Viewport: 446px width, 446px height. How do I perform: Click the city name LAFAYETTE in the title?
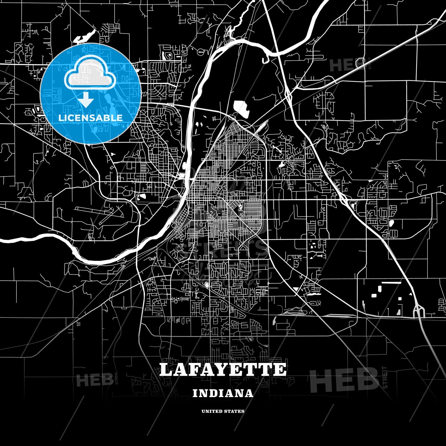pyautogui.click(x=223, y=370)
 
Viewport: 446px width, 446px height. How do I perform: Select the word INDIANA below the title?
pyautogui.click(x=223, y=394)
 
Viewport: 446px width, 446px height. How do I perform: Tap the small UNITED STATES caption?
pyautogui.click(x=223, y=411)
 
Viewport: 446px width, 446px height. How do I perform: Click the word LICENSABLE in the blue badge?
pyautogui.click(x=90, y=118)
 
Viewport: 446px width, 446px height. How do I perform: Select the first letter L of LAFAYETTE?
pyautogui.click(x=166, y=370)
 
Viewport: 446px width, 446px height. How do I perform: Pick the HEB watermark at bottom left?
pyautogui.click(x=94, y=380)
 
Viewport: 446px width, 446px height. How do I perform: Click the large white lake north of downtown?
pyautogui.click(x=241, y=108)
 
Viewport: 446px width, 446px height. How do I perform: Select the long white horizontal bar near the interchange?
pyautogui.click(x=391, y=282)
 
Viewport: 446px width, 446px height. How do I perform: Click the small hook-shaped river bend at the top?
pyautogui.click(x=265, y=59)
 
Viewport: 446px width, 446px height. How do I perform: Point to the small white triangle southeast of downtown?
pyautogui.click(x=296, y=289)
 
